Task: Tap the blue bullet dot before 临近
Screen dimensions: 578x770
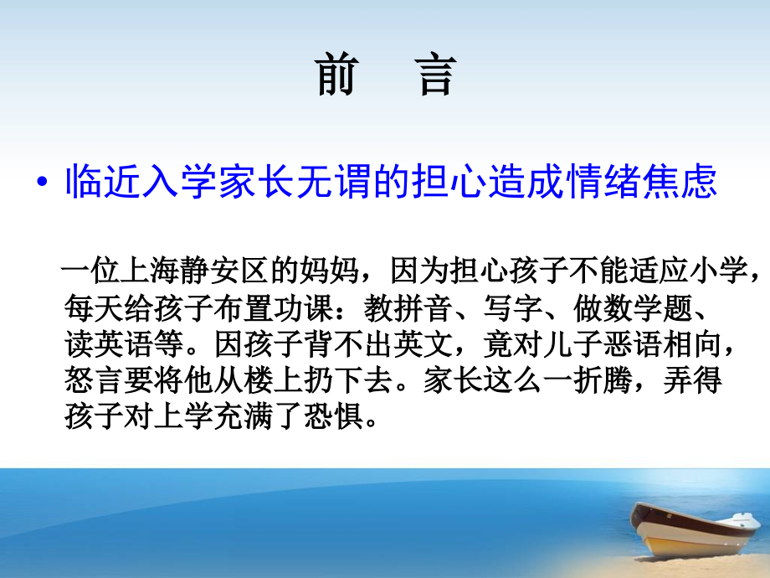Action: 43,185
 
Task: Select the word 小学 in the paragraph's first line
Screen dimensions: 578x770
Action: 731,274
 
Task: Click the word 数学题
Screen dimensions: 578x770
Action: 649,309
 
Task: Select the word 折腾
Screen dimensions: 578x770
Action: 618,381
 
